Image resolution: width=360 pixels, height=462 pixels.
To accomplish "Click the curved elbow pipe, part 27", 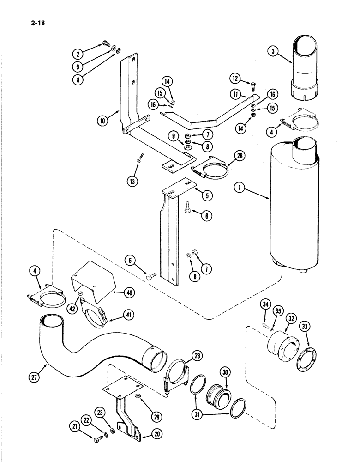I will tap(92, 342).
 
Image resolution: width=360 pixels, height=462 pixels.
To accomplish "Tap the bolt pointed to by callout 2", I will tap(106, 45).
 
